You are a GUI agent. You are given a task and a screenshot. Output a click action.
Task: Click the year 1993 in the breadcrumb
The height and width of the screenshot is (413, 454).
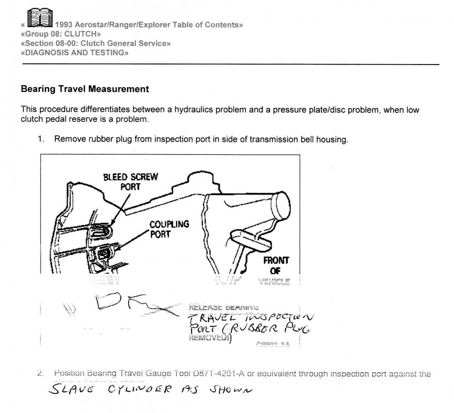(70, 25)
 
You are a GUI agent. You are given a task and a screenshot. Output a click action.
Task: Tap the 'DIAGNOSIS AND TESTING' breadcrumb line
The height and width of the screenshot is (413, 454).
(74, 53)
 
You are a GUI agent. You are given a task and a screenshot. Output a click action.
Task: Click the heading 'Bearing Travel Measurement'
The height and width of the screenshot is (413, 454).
(85, 89)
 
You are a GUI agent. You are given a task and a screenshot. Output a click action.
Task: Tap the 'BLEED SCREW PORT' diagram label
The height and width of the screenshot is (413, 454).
(130, 181)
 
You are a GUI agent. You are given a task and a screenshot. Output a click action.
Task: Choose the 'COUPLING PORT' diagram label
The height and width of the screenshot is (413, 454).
(169, 229)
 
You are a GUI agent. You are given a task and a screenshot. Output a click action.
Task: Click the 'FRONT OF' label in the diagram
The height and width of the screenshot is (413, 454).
(278, 265)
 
